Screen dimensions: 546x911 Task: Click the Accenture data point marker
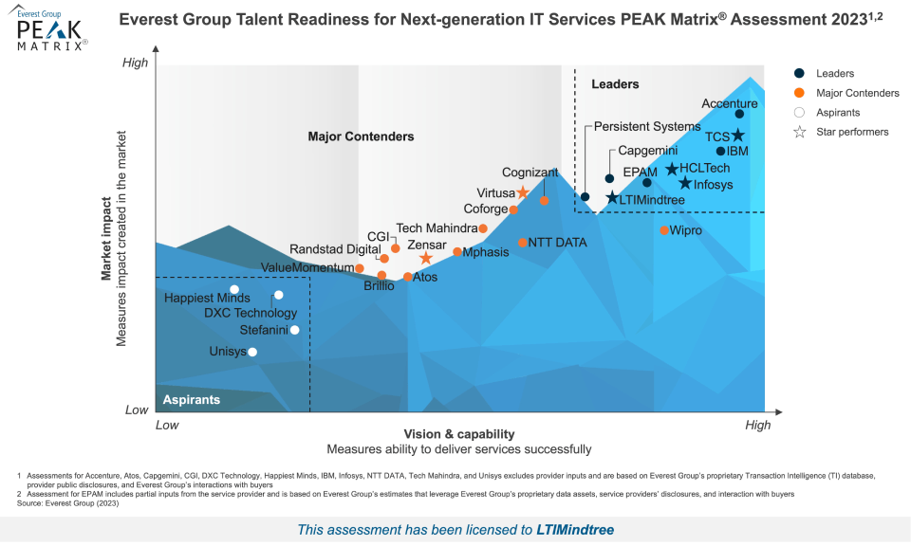pyautogui.click(x=739, y=114)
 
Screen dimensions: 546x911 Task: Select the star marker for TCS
pyautogui.click(x=737, y=136)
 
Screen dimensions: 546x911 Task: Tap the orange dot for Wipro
pyautogui.click(x=664, y=230)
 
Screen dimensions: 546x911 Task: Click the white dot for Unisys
pyautogui.click(x=251, y=352)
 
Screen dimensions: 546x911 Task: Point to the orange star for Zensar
pyautogui.click(x=426, y=258)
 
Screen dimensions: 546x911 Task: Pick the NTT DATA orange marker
pyautogui.click(x=522, y=243)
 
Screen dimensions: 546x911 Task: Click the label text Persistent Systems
pyautogui.click(x=647, y=126)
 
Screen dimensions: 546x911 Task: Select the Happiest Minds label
pyautogui.click(x=207, y=298)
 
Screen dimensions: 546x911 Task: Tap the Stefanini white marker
pyautogui.click(x=294, y=330)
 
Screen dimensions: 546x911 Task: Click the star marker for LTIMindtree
pyautogui.click(x=612, y=198)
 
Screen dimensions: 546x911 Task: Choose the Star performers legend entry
pyautogui.click(x=852, y=132)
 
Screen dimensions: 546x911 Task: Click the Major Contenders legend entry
pyautogui.click(x=857, y=93)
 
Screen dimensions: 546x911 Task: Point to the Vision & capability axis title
pyautogui.click(x=459, y=433)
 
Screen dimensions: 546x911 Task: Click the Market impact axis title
pyautogui.click(x=107, y=237)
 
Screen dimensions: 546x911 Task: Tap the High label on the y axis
pyautogui.click(x=136, y=63)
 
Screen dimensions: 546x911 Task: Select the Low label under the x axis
pyautogui.click(x=167, y=426)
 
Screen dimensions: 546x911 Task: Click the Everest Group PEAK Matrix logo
pyautogui.click(x=52, y=32)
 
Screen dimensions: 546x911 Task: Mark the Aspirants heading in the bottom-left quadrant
pyautogui.click(x=192, y=399)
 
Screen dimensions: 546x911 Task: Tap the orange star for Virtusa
pyautogui.click(x=522, y=192)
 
